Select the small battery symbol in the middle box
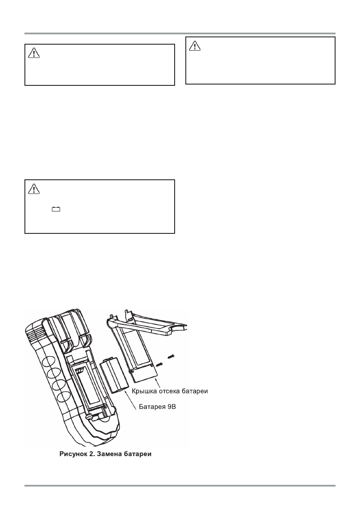56,210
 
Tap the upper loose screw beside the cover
171,356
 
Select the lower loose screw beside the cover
160,364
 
